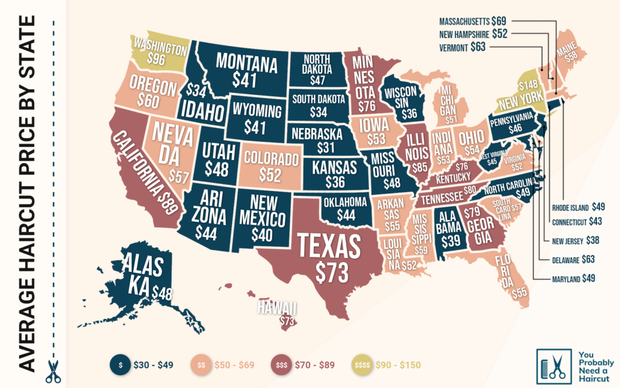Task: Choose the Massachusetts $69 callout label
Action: [465, 21]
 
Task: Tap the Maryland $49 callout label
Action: [573, 278]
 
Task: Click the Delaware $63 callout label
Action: [573, 260]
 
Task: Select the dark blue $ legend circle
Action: [121, 364]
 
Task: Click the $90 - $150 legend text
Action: [398, 364]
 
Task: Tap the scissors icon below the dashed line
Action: [53, 371]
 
